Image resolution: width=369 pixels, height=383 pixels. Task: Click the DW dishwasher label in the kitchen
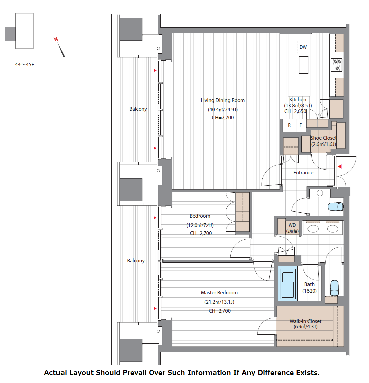pos(303,47)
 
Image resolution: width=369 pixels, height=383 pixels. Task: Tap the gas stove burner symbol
pos(336,65)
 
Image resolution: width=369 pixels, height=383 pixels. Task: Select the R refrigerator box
pos(289,125)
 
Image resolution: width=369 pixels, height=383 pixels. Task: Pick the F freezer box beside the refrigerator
pos(301,125)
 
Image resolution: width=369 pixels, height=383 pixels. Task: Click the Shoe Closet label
pos(323,138)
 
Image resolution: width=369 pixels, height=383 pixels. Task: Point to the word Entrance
pos(303,173)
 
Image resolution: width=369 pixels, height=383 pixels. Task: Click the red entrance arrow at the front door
pos(340,166)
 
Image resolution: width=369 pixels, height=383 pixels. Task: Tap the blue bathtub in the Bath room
pos(287,283)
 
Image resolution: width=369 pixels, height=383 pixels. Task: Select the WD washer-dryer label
pos(292,225)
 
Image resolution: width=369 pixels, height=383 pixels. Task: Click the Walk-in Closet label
pos(305,321)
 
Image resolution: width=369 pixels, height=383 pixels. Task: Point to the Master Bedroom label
pos(219,293)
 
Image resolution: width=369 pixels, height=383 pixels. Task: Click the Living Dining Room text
pos(223,100)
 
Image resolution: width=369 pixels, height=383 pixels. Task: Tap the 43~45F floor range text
pos(24,65)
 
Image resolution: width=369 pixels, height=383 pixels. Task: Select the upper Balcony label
pos(138,109)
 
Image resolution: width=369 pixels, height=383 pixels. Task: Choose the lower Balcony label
pos(136,261)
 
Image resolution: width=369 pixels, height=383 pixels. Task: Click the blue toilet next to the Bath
pos(334,288)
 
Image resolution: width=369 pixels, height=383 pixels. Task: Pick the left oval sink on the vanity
pos(313,229)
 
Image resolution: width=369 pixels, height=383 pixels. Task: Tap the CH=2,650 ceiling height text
pos(295,111)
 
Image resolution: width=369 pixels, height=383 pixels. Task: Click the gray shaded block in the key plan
pos(10,34)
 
